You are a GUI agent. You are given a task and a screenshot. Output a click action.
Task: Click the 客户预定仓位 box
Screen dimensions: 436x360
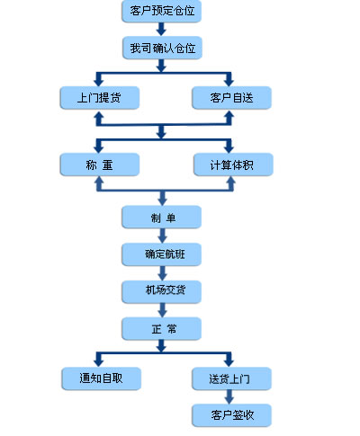[x=162, y=12]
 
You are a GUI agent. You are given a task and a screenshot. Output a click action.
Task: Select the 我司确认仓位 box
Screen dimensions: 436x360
[x=162, y=46]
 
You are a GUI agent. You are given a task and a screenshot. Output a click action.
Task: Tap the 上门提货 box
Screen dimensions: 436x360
[x=99, y=97]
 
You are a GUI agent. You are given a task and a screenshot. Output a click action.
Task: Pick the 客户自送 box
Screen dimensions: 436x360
[x=231, y=97]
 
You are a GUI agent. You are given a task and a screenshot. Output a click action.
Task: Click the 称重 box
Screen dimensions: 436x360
[x=99, y=165]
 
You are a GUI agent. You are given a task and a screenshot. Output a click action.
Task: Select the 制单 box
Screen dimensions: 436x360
[x=162, y=217]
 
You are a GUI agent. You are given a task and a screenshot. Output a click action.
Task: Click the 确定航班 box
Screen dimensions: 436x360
[x=162, y=254]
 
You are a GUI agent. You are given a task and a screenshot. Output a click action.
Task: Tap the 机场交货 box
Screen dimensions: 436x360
[x=162, y=291]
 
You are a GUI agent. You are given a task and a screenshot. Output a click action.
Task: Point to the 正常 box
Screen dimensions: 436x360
[x=162, y=328]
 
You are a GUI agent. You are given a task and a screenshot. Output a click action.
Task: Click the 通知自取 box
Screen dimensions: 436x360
[x=101, y=378]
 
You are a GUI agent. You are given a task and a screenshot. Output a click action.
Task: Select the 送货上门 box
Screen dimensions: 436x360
[x=231, y=378]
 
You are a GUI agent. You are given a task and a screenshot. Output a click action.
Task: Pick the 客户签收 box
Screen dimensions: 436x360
[x=231, y=414]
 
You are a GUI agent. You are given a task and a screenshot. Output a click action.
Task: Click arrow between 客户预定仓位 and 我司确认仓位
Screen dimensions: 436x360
[x=162, y=29]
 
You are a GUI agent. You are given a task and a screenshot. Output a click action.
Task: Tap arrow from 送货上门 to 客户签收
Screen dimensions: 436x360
[x=231, y=396]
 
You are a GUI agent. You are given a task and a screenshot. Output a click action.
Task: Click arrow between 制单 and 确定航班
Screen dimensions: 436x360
[x=162, y=236]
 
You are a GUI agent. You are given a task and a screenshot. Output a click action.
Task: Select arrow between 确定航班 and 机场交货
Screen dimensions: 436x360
[x=162, y=273]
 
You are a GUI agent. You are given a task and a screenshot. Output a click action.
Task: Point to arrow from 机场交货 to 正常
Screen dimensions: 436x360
[x=162, y=310]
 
